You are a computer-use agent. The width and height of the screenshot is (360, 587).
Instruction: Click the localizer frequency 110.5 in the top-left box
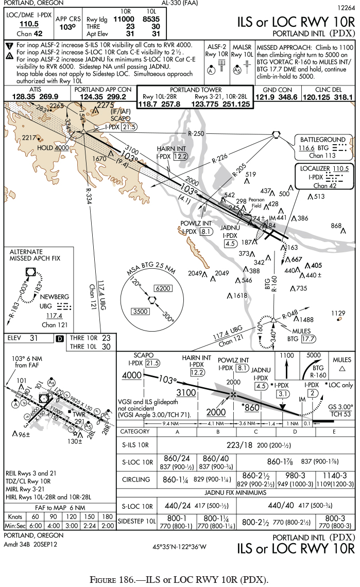click(x=29, y=24)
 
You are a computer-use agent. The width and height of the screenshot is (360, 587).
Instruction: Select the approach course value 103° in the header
click(x=65, y=27)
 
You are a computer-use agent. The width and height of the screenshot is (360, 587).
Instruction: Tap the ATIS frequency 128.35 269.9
click(x=35, y=96)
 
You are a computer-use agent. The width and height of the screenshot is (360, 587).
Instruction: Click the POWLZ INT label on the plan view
click(x=196, y=223)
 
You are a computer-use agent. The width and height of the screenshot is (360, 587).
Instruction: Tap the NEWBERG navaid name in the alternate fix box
click(x=54, y=297)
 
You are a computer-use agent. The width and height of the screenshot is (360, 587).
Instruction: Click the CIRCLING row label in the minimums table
click(x=136, y=479)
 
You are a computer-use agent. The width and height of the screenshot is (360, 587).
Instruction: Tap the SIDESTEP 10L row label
click(x=136, y=522)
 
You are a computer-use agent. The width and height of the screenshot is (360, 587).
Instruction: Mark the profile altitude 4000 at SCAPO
click(x=131, y=375)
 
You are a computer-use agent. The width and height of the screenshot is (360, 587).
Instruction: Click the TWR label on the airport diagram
click(x=78, y=413)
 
